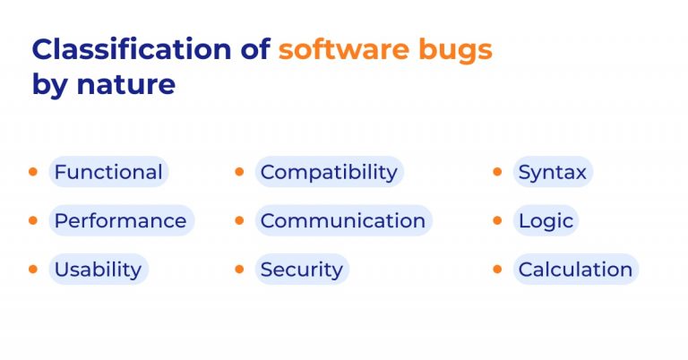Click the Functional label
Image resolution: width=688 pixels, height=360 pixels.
108,172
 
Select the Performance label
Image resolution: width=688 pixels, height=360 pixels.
120,220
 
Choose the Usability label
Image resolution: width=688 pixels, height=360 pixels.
98,269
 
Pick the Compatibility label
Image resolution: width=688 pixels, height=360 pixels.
329,172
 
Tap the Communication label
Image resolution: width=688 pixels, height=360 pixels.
343,220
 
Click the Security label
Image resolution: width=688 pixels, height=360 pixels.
301,269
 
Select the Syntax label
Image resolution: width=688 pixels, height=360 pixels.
552,172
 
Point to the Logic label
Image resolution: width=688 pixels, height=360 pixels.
546,220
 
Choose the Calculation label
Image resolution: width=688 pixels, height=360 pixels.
575,269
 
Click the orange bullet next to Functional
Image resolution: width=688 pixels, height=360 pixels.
33,171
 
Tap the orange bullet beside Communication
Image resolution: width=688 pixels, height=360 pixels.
239,219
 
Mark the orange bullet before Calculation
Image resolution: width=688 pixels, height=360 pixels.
497,268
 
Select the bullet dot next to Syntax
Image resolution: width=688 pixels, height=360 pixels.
497,171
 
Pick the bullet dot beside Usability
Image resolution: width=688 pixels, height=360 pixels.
33,268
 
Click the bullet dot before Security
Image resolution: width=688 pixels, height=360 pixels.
239,268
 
